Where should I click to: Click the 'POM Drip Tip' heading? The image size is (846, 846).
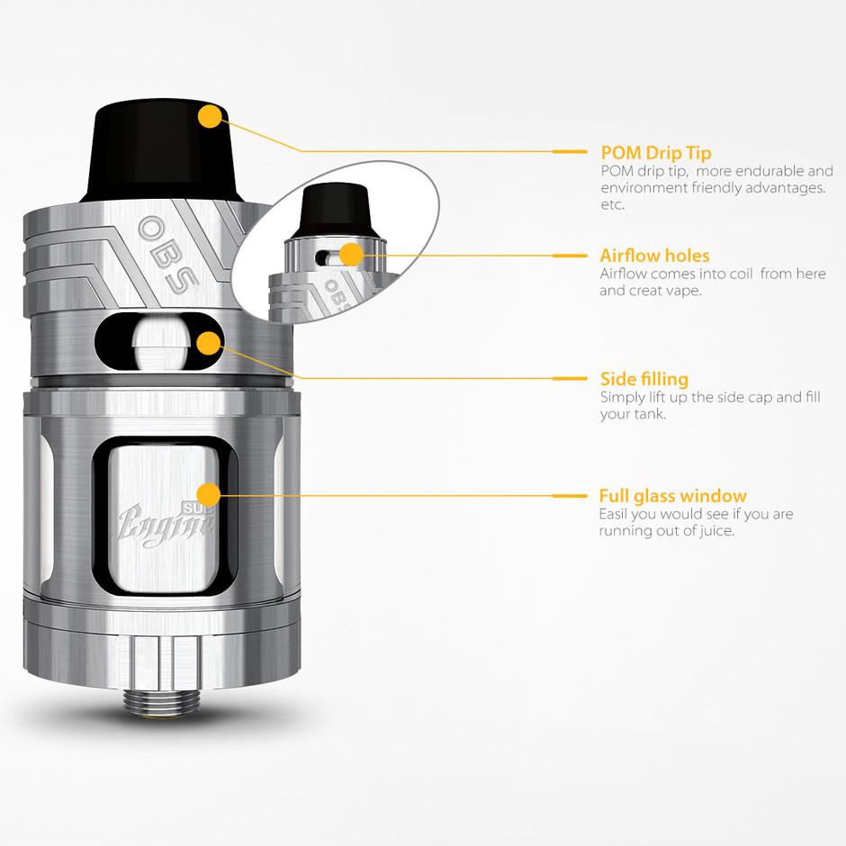pos(655,153)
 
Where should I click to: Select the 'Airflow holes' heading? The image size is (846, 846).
pos(654,256)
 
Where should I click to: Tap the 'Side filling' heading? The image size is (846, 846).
pos(644,379)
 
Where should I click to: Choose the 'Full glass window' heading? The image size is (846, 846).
pos(673,496)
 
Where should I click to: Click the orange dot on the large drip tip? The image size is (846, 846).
pos(210,116)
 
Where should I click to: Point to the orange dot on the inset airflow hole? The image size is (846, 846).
pos(351,254)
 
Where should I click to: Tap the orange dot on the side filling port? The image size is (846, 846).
pos(210,344)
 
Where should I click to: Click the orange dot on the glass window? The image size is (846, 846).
pos(209,495)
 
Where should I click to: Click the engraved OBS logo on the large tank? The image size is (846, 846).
pos(168,254)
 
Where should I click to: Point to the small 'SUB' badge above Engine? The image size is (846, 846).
pos(197,508)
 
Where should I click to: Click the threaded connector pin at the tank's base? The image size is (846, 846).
pos(161,700)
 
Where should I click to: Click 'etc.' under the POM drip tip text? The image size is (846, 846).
pos(612,205)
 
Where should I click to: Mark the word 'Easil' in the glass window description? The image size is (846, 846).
pos(613,514)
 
